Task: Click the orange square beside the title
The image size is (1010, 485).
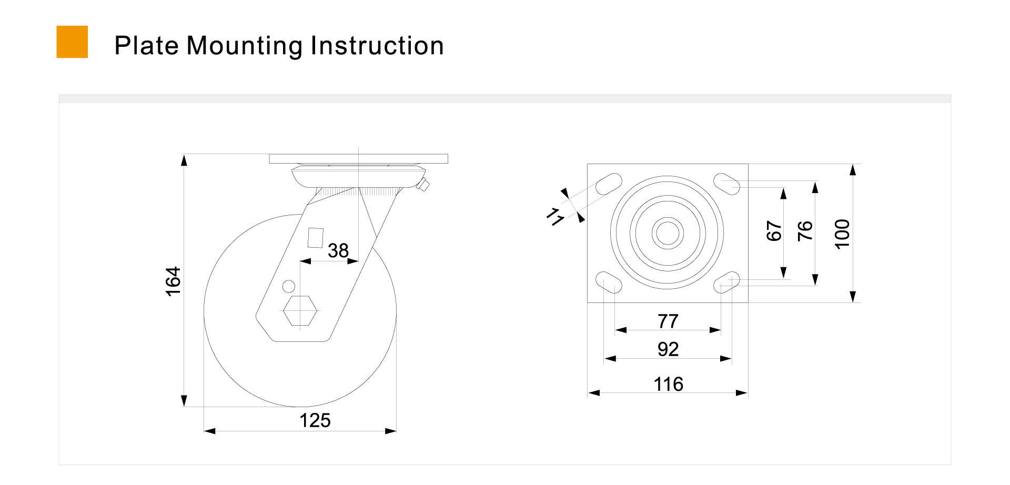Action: [x=72, y=42]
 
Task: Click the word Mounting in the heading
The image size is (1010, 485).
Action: [x=245, y=46]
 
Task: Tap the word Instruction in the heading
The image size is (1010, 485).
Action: [x=377, y=45]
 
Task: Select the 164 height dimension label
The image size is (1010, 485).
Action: [x=173, y=281]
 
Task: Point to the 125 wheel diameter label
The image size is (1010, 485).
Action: [x=315, y=420]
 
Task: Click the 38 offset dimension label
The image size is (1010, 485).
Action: [x=338, y=250]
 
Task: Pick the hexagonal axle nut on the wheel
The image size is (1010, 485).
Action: [x=300, y=311]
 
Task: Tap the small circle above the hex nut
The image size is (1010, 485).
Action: [x=289, y=286]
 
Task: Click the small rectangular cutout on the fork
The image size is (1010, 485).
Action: [x=316, y=238]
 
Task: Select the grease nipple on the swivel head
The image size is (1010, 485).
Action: [x=422, y=185]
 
